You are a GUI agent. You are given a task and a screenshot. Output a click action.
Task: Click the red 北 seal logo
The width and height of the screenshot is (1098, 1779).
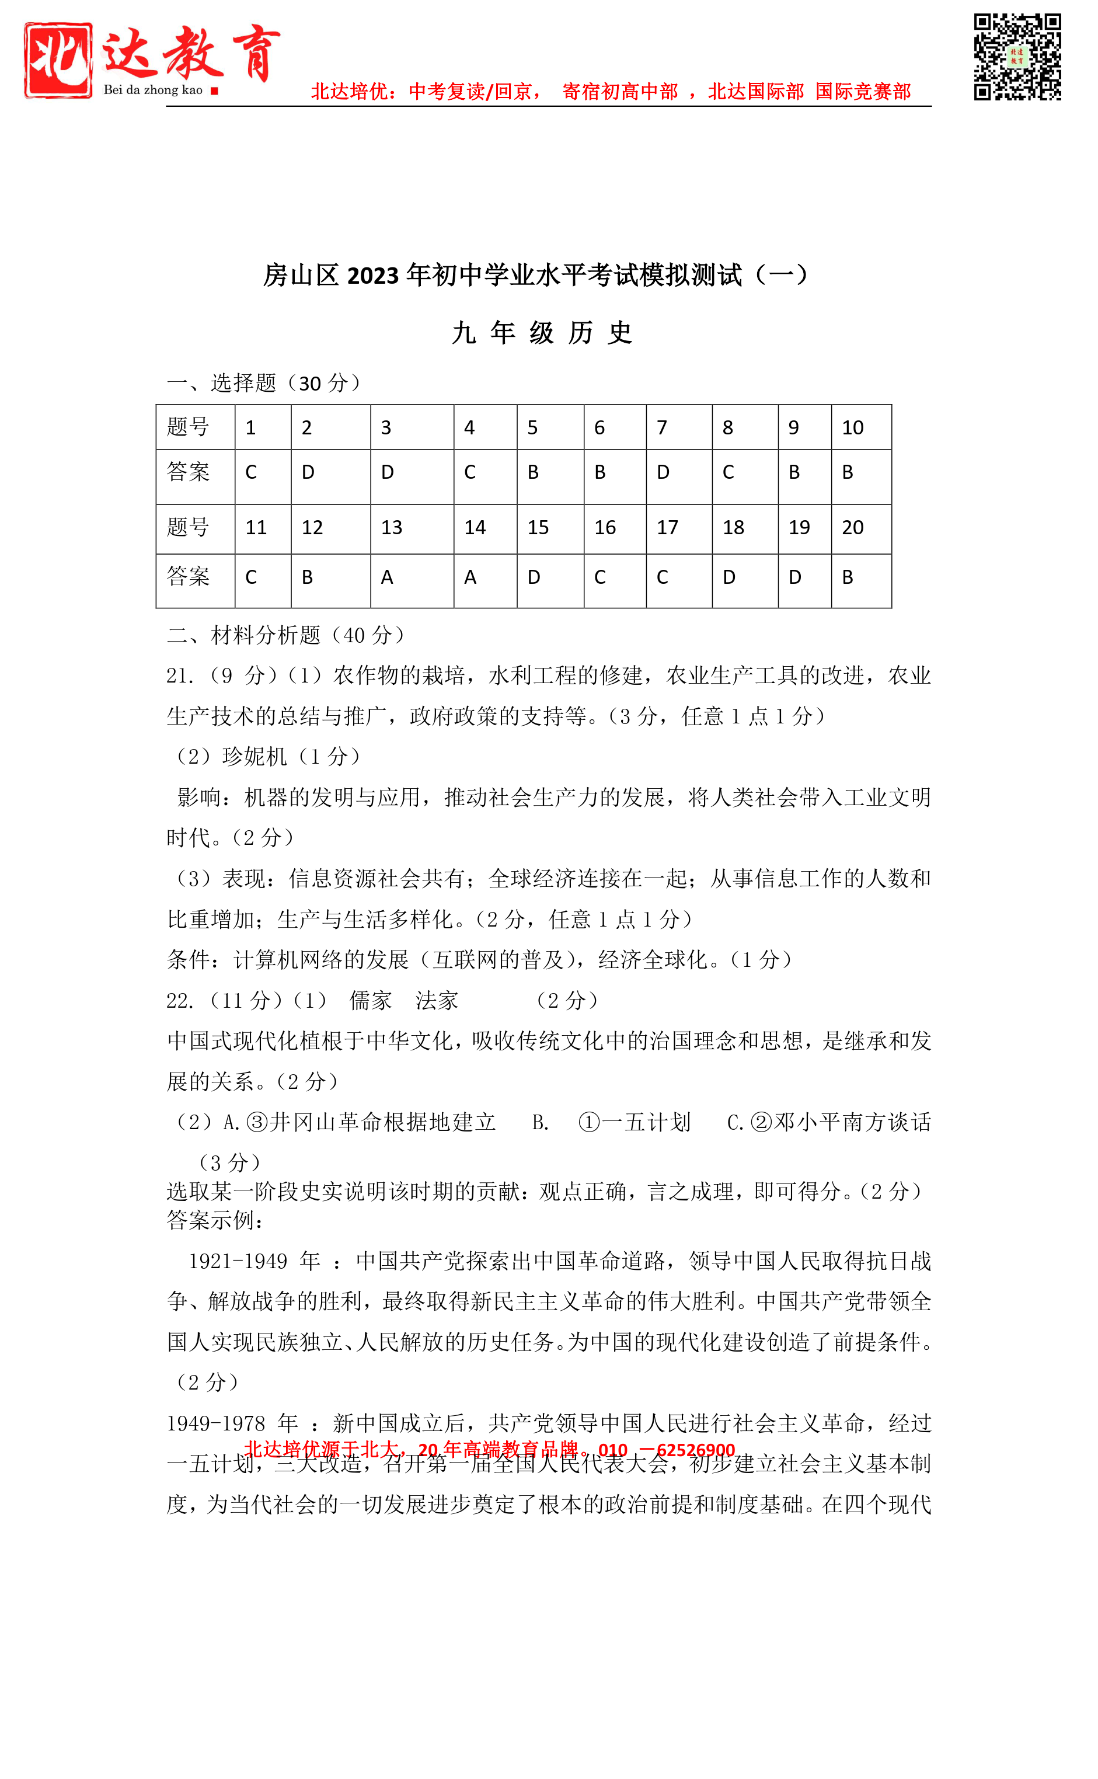(x=58, y=60)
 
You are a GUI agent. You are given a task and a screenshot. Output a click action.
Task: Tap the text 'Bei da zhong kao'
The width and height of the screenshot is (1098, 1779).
(x=152, y=90)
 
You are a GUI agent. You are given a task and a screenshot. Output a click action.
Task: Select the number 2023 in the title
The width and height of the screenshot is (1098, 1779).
(x=372, y=276)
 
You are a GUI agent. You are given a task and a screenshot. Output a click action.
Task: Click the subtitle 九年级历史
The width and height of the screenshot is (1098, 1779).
(x=542, y=333)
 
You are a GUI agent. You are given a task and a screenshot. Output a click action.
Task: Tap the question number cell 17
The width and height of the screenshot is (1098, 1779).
(x=678, y=528)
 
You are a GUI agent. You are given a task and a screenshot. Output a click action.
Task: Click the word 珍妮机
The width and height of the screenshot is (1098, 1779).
(x=255, y=757)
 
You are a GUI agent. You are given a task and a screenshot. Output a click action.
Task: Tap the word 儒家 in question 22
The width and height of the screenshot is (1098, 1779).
(x=370, y=1001)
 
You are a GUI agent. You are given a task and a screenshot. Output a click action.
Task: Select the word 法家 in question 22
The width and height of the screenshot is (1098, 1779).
(x=437, y=1001)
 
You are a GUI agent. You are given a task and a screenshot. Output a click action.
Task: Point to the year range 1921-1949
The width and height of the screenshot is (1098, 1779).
(x=238, y=1261)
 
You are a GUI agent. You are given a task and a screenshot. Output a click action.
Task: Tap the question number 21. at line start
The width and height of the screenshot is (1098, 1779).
(x=180, y=676)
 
